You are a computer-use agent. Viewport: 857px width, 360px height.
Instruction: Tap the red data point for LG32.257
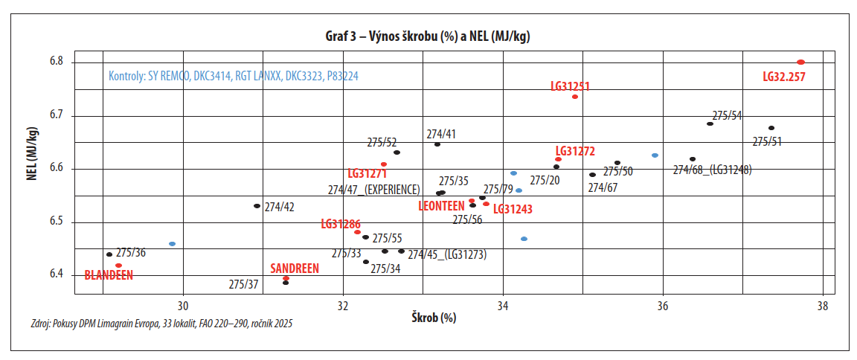tap(800, 62)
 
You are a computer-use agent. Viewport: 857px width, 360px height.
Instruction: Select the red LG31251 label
tap(571, 86)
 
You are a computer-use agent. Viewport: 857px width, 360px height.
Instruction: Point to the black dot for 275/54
tap(710, 124)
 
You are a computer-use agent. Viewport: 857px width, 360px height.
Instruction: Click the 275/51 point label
tap(767, 141)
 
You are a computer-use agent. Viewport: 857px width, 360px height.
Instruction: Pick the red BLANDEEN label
tap(109, 275)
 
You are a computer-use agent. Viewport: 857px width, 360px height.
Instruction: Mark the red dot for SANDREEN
tap(286, 278)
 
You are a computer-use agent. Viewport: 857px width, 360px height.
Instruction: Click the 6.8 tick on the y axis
tap(57, 62)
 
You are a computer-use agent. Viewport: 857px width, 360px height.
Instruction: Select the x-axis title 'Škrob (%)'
tap(434, 318)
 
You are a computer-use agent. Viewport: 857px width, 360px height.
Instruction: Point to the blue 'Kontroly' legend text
tap(234, 76)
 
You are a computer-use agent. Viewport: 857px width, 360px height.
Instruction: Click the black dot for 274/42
tap(257, 206)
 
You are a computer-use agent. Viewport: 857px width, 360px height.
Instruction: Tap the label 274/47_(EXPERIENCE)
tap(374, 190)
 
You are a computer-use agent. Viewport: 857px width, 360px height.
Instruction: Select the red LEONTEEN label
tap(442, 205)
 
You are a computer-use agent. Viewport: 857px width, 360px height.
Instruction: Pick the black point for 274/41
tap(437, 144)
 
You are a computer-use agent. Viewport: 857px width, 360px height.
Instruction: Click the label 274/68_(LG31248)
tap(712, 170)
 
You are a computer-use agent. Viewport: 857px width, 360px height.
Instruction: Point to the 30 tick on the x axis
tap(183, 305)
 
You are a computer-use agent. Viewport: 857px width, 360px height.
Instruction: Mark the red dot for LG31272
tap(558, 159)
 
